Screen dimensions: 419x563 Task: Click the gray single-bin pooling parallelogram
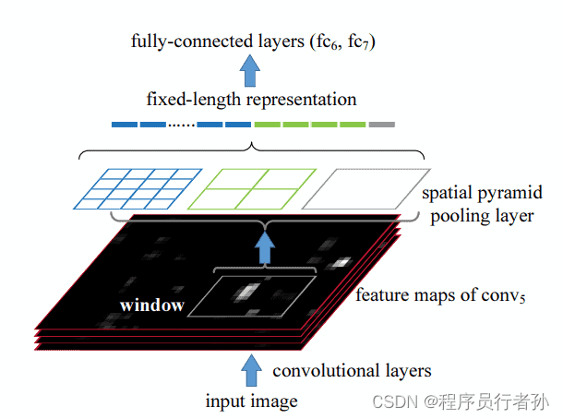(x=365, y=187)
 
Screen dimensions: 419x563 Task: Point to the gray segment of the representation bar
(x=382, y=125)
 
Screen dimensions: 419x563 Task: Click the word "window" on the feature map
(x=151, y=304)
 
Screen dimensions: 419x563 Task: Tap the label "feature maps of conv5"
(x=440, y=296)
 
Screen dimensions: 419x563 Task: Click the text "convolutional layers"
(x=352, y=370)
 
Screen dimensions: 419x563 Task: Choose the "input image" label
(x=252, y=401)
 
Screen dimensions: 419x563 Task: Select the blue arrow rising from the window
(x=266, y=245)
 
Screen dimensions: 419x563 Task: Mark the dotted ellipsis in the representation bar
(x=181, y=125)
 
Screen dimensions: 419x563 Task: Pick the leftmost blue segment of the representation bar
(x=124, y=125)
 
